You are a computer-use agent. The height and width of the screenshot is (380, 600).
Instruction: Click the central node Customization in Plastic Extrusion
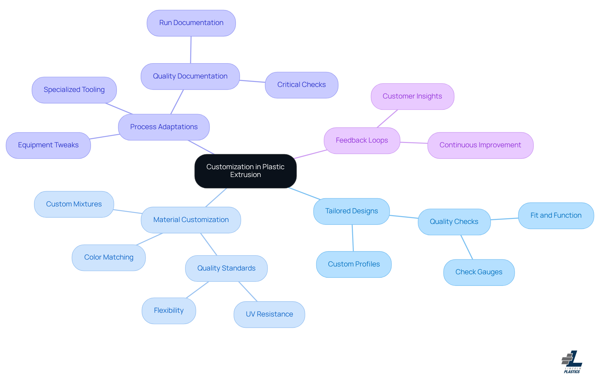[245, 171]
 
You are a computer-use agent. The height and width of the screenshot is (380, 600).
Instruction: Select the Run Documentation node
[191, 23]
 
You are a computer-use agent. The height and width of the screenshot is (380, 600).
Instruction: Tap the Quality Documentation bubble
[190, 76]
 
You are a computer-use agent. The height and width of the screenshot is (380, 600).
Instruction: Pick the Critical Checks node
[302, 85]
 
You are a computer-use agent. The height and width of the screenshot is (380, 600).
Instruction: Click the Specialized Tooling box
[74, 90]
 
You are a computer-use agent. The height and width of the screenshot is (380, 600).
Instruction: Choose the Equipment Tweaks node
[48, 145]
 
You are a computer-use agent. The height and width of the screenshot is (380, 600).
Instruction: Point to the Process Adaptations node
[164, 127]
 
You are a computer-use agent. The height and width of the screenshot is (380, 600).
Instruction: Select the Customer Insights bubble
[412, 96]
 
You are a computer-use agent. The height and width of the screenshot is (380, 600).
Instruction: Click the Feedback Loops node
[362, 140]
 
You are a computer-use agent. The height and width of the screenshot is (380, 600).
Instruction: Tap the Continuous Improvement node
[480, 145]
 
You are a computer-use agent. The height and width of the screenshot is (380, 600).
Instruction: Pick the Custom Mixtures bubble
[74, 204]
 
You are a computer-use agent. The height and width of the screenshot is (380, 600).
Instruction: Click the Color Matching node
[109, 257]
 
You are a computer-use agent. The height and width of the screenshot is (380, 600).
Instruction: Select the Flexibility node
[169, 311]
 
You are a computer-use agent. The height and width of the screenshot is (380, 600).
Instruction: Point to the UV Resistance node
[269, 314]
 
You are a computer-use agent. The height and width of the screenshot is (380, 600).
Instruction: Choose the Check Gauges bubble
[479, 272]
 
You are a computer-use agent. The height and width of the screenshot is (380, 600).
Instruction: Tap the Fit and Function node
[556, 215]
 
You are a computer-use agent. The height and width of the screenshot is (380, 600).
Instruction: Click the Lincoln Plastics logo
[572, 362]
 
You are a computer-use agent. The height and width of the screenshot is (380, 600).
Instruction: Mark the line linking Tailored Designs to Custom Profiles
[353, 238]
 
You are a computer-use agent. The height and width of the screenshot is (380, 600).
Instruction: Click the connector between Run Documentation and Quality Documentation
[191, 50]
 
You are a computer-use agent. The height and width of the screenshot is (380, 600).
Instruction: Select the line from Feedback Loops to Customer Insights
[387, 119]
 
